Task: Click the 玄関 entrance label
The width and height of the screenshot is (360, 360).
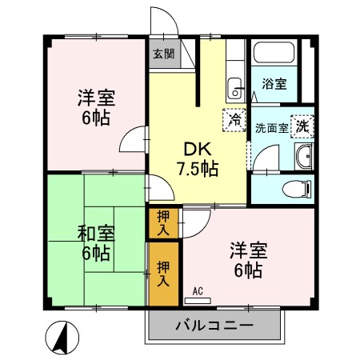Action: click(162, 54)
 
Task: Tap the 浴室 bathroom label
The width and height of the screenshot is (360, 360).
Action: click(276, 83)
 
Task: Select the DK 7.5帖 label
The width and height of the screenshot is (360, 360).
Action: click(197, 158)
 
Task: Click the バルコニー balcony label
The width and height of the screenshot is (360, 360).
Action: click(214, 326)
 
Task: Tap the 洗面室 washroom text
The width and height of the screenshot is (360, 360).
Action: click(270, 127)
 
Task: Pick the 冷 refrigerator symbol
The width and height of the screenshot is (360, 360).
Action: click(234, 121)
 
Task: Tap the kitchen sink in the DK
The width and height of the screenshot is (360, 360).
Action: click(234, 86)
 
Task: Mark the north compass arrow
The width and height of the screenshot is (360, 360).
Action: click(61, 338)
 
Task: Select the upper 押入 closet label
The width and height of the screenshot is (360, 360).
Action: click(163, 222)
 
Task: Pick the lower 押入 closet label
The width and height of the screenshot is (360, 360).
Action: click(163, 274)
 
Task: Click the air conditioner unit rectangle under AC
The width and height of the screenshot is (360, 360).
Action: click(200, 301)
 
